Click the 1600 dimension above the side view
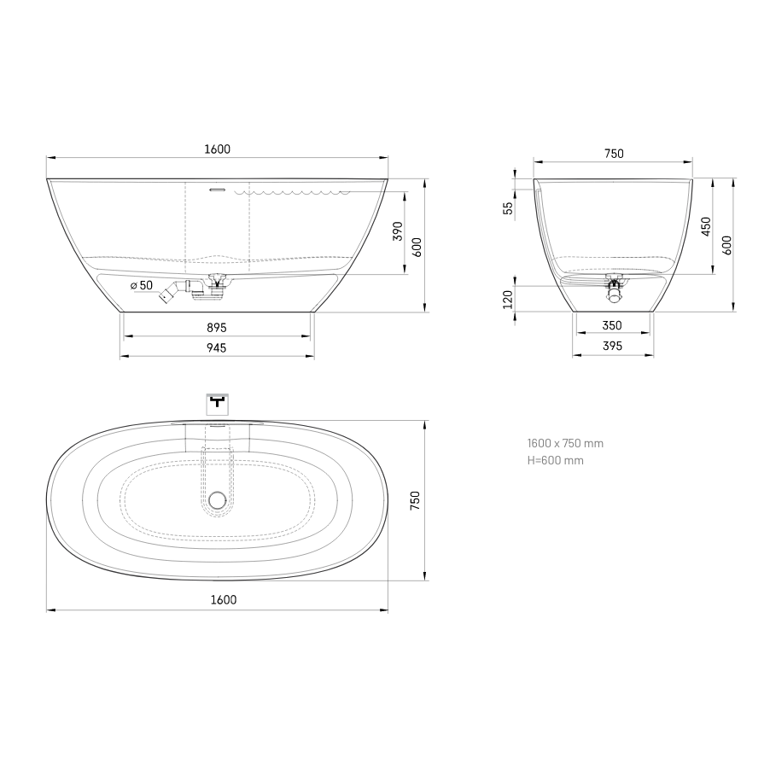[217, 149]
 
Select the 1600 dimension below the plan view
[224, 599]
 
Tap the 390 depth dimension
[398, 231]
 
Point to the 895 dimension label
[217, 328]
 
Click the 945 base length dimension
[217, 348]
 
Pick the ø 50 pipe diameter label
[142, 285]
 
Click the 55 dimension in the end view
[508, 208]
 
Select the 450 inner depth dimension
[706, 226]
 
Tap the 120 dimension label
[508, 300]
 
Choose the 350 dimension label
[612, 325]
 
